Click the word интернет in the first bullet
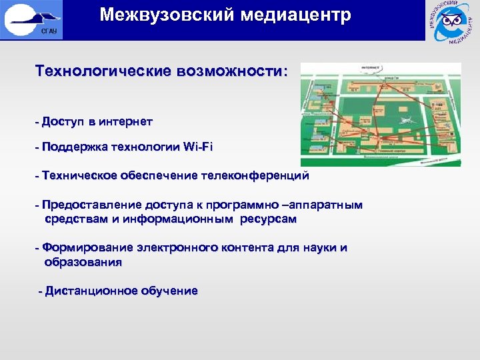click(125, 121)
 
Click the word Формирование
click(87, 248)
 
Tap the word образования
click(83, 262)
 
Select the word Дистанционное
click(90, 291)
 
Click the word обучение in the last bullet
click(169, 291)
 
